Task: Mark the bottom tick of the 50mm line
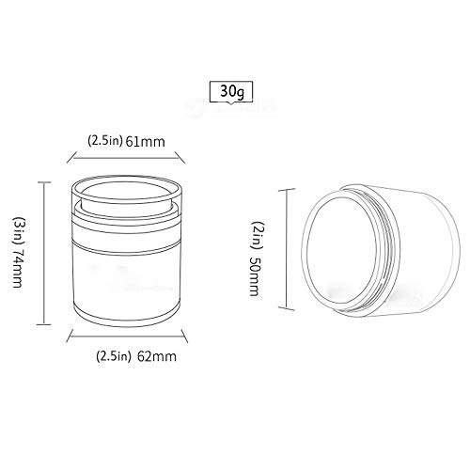click(x=284, y=307)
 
